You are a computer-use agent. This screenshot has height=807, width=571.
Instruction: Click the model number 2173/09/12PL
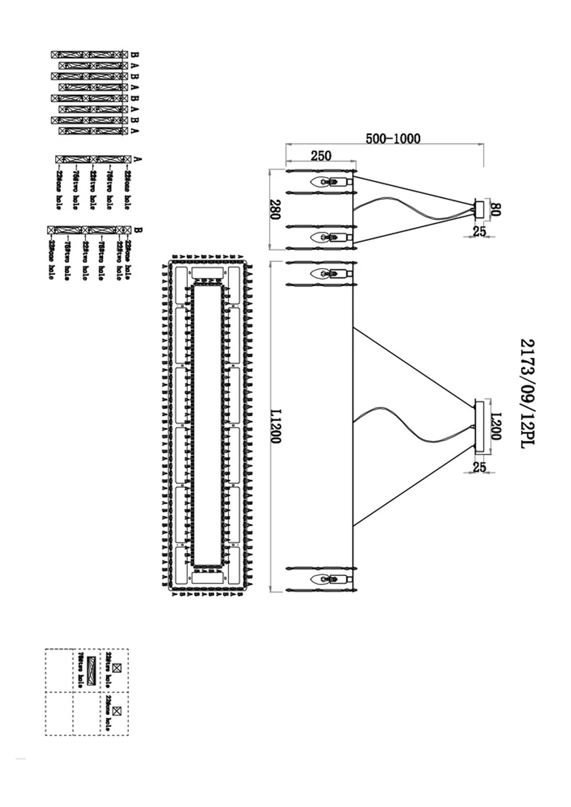528,393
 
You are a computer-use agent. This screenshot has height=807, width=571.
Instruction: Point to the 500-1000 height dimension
393,139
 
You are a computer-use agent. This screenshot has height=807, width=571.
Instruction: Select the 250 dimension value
320,156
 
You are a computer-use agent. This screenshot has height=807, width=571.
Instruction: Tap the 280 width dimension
275,209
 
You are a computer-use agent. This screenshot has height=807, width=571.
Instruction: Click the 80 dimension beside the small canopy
495,209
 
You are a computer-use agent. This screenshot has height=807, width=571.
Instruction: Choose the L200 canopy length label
495,426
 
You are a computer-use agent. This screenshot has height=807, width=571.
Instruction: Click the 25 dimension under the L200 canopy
480,466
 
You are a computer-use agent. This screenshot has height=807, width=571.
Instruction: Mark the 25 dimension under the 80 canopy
480,231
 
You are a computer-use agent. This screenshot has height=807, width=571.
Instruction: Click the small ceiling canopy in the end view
480,209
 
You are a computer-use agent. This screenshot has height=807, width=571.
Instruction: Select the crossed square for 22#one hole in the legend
117,711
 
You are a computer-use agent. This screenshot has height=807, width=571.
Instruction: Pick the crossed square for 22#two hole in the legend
117,667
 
